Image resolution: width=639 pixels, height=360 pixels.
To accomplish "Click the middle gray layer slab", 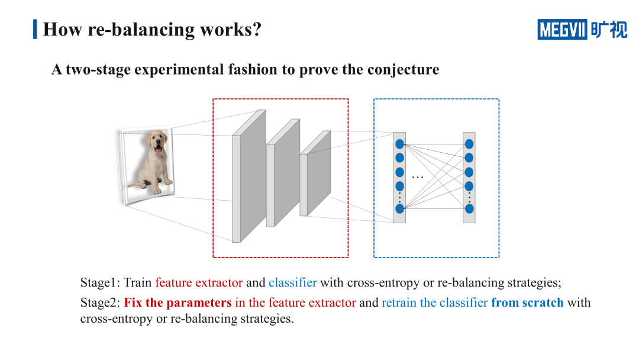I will coord(283,174).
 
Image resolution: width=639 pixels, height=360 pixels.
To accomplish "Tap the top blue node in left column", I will coord(399,144).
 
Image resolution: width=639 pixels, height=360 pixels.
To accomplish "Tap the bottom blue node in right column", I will coord(469,208).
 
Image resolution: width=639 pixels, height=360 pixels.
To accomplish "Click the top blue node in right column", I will coord(469,144).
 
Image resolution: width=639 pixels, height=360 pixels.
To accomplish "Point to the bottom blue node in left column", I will coord(399,208).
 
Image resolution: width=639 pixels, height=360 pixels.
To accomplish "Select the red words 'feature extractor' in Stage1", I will coord(199,282).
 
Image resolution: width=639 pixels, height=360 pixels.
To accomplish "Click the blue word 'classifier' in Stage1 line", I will coord(292,282).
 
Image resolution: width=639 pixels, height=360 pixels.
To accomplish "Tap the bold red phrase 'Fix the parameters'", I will coord(177,303).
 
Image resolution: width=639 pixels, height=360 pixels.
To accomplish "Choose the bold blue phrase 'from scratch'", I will coord(527,303).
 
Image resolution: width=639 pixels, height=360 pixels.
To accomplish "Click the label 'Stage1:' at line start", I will coord(100,282).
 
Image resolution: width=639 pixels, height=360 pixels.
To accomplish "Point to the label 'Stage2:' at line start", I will coord(100,303).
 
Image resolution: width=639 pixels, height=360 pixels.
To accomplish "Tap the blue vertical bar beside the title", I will coord(35,29).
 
